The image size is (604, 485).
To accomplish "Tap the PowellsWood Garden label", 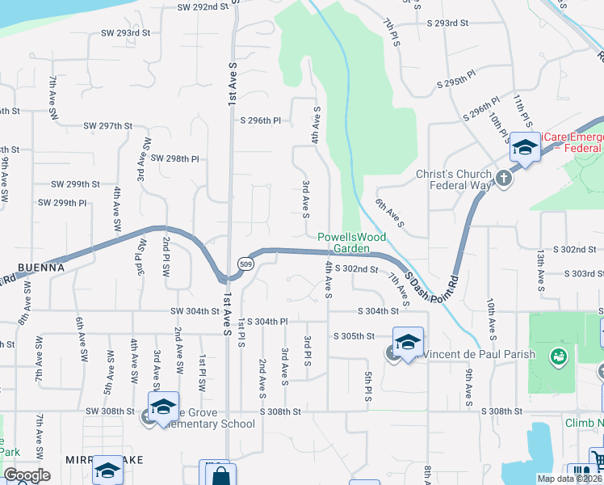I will click(x=351, y=242).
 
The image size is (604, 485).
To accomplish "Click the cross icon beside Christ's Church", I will click(x=505, y=178).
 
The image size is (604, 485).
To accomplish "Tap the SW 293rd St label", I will click(x=126, y=33).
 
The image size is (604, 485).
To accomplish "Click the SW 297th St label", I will click(x=107, y=126).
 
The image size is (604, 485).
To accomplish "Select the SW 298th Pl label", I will click(x=174, y=159).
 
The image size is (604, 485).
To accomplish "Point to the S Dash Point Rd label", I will click(x=432, y=283).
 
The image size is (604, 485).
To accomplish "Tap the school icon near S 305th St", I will click(x=408, y=340).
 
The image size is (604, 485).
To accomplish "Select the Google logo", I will click(x=27, y=475).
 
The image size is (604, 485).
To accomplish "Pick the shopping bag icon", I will click(x=220, y=474).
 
